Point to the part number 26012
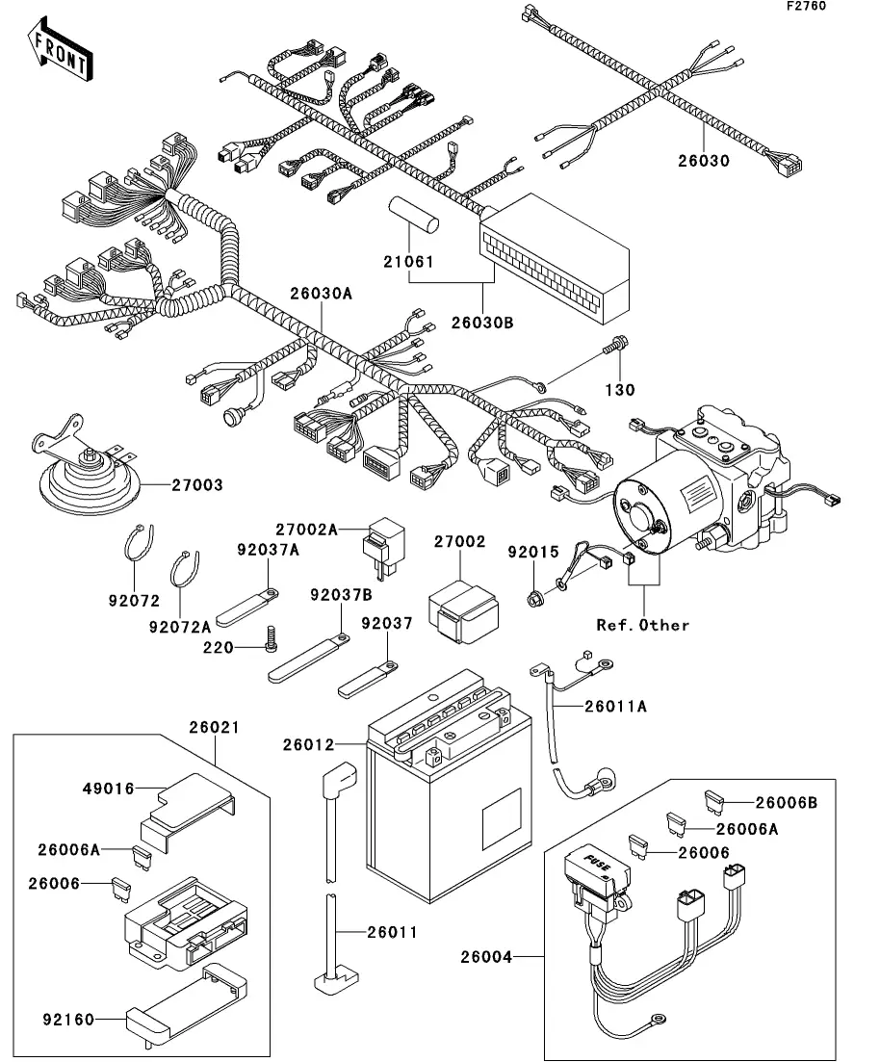tap(308, 744)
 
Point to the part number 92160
tap(68, 1019)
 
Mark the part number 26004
tap(487, 957)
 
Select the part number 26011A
tap(615, 706)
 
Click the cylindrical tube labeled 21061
tap(413, 217)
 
